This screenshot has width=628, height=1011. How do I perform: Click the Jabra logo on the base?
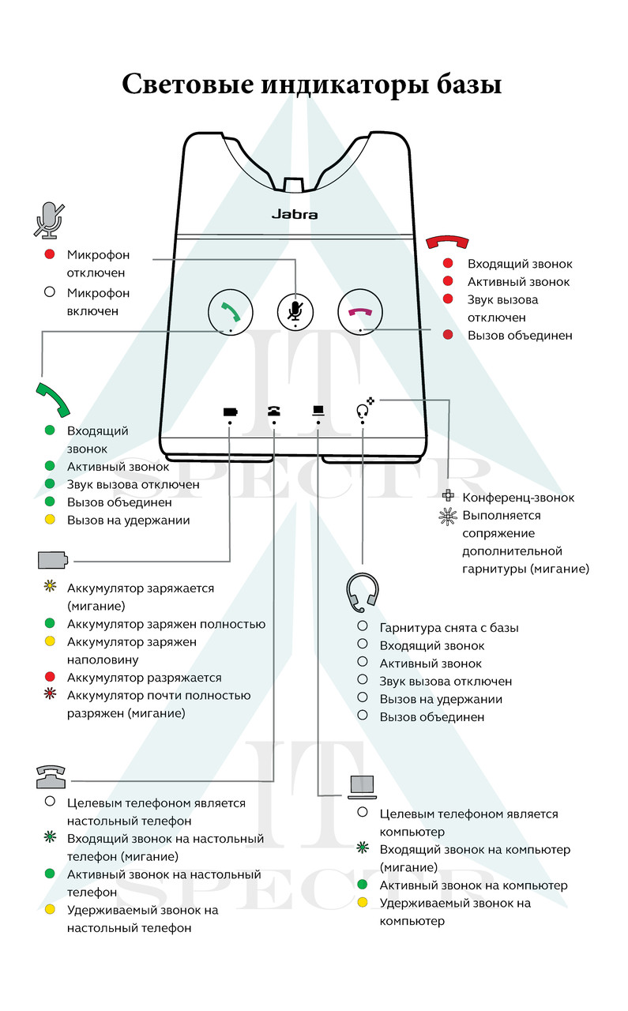pyautogui.click(x=295, y=213)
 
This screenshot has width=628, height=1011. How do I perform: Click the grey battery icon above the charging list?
pyautogui.click(x=53, y=560)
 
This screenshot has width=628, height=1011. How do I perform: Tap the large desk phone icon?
pyautogui.click(x=51, y=776)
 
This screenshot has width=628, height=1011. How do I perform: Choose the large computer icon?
pyautogui.click(x=363, y=786)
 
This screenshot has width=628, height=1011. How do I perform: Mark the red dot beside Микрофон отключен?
pyautogui.click(x=50, y=255)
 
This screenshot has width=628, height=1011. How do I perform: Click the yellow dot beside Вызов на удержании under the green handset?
pyautogui.click(x=50, y=521)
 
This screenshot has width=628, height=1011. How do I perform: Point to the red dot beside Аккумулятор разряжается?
pyautogui.click(x=50, y=678)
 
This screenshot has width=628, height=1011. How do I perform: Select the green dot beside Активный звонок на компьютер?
pyautogui.click(x=363, y=885)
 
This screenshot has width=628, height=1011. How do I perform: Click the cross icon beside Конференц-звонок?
pyautogui.click(x=448, y=498)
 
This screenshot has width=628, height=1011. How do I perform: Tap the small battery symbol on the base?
pyautogui.click(x=230, y=412)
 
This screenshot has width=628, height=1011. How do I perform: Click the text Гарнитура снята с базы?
pyautogui.click(x=449, y=628)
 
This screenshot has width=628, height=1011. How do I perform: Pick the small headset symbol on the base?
pyautogui.click(x=363, y=411)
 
